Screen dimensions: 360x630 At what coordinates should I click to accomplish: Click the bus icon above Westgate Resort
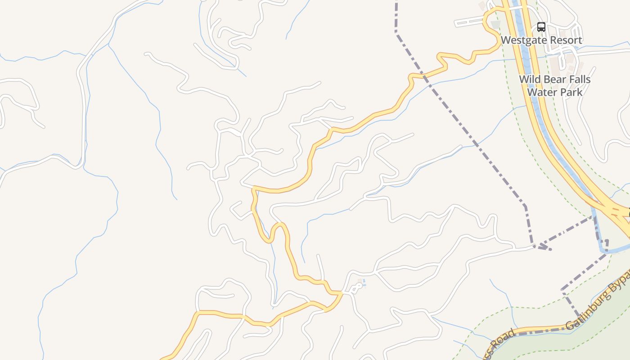541,27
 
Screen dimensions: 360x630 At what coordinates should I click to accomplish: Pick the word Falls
579,80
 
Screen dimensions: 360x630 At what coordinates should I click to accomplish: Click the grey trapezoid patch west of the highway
496,24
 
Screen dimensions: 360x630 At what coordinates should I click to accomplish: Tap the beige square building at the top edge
482,6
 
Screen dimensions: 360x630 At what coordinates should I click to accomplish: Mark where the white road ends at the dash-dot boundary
534,246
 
